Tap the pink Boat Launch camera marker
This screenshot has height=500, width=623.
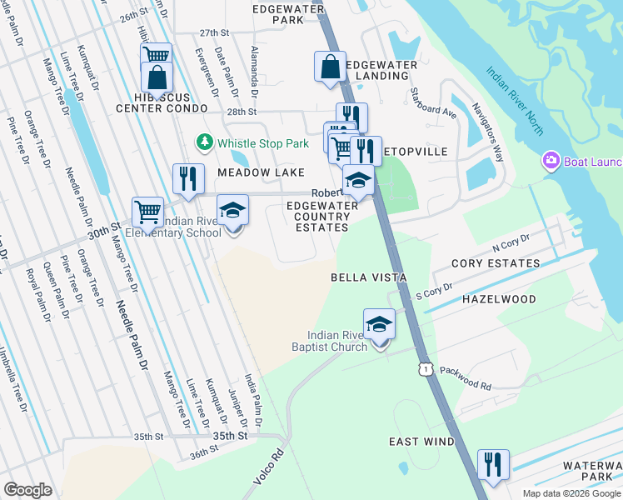[550, 160]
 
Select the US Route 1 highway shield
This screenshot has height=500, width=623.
[426, 367]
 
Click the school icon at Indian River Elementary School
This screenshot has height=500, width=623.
[233, 212]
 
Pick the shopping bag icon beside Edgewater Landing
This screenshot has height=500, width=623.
[331, 67]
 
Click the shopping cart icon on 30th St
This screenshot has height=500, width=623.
[147, 212]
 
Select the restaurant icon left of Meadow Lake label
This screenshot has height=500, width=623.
[188, 179]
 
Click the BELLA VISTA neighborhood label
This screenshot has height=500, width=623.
[368, 277]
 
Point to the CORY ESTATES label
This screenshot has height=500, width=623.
[495, 263]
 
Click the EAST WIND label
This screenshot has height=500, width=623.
[421, 442]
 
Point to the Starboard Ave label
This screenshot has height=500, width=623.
[432, 104]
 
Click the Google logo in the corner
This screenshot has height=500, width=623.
[27, 489]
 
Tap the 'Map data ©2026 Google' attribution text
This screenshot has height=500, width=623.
[571, 493]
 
